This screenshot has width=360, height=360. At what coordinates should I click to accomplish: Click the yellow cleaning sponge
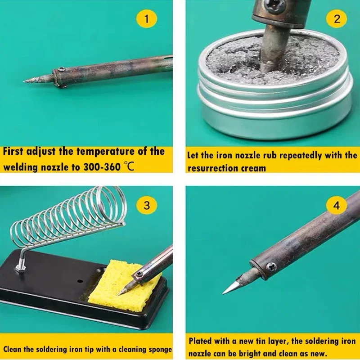[119, 288]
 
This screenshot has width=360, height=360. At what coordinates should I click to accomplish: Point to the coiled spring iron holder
[67, 211]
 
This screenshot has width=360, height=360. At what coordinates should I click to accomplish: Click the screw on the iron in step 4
[270, 266]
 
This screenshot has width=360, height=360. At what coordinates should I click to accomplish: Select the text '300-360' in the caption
[101, 166]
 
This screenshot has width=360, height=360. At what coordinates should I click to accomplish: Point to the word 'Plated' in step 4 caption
[201, 342]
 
